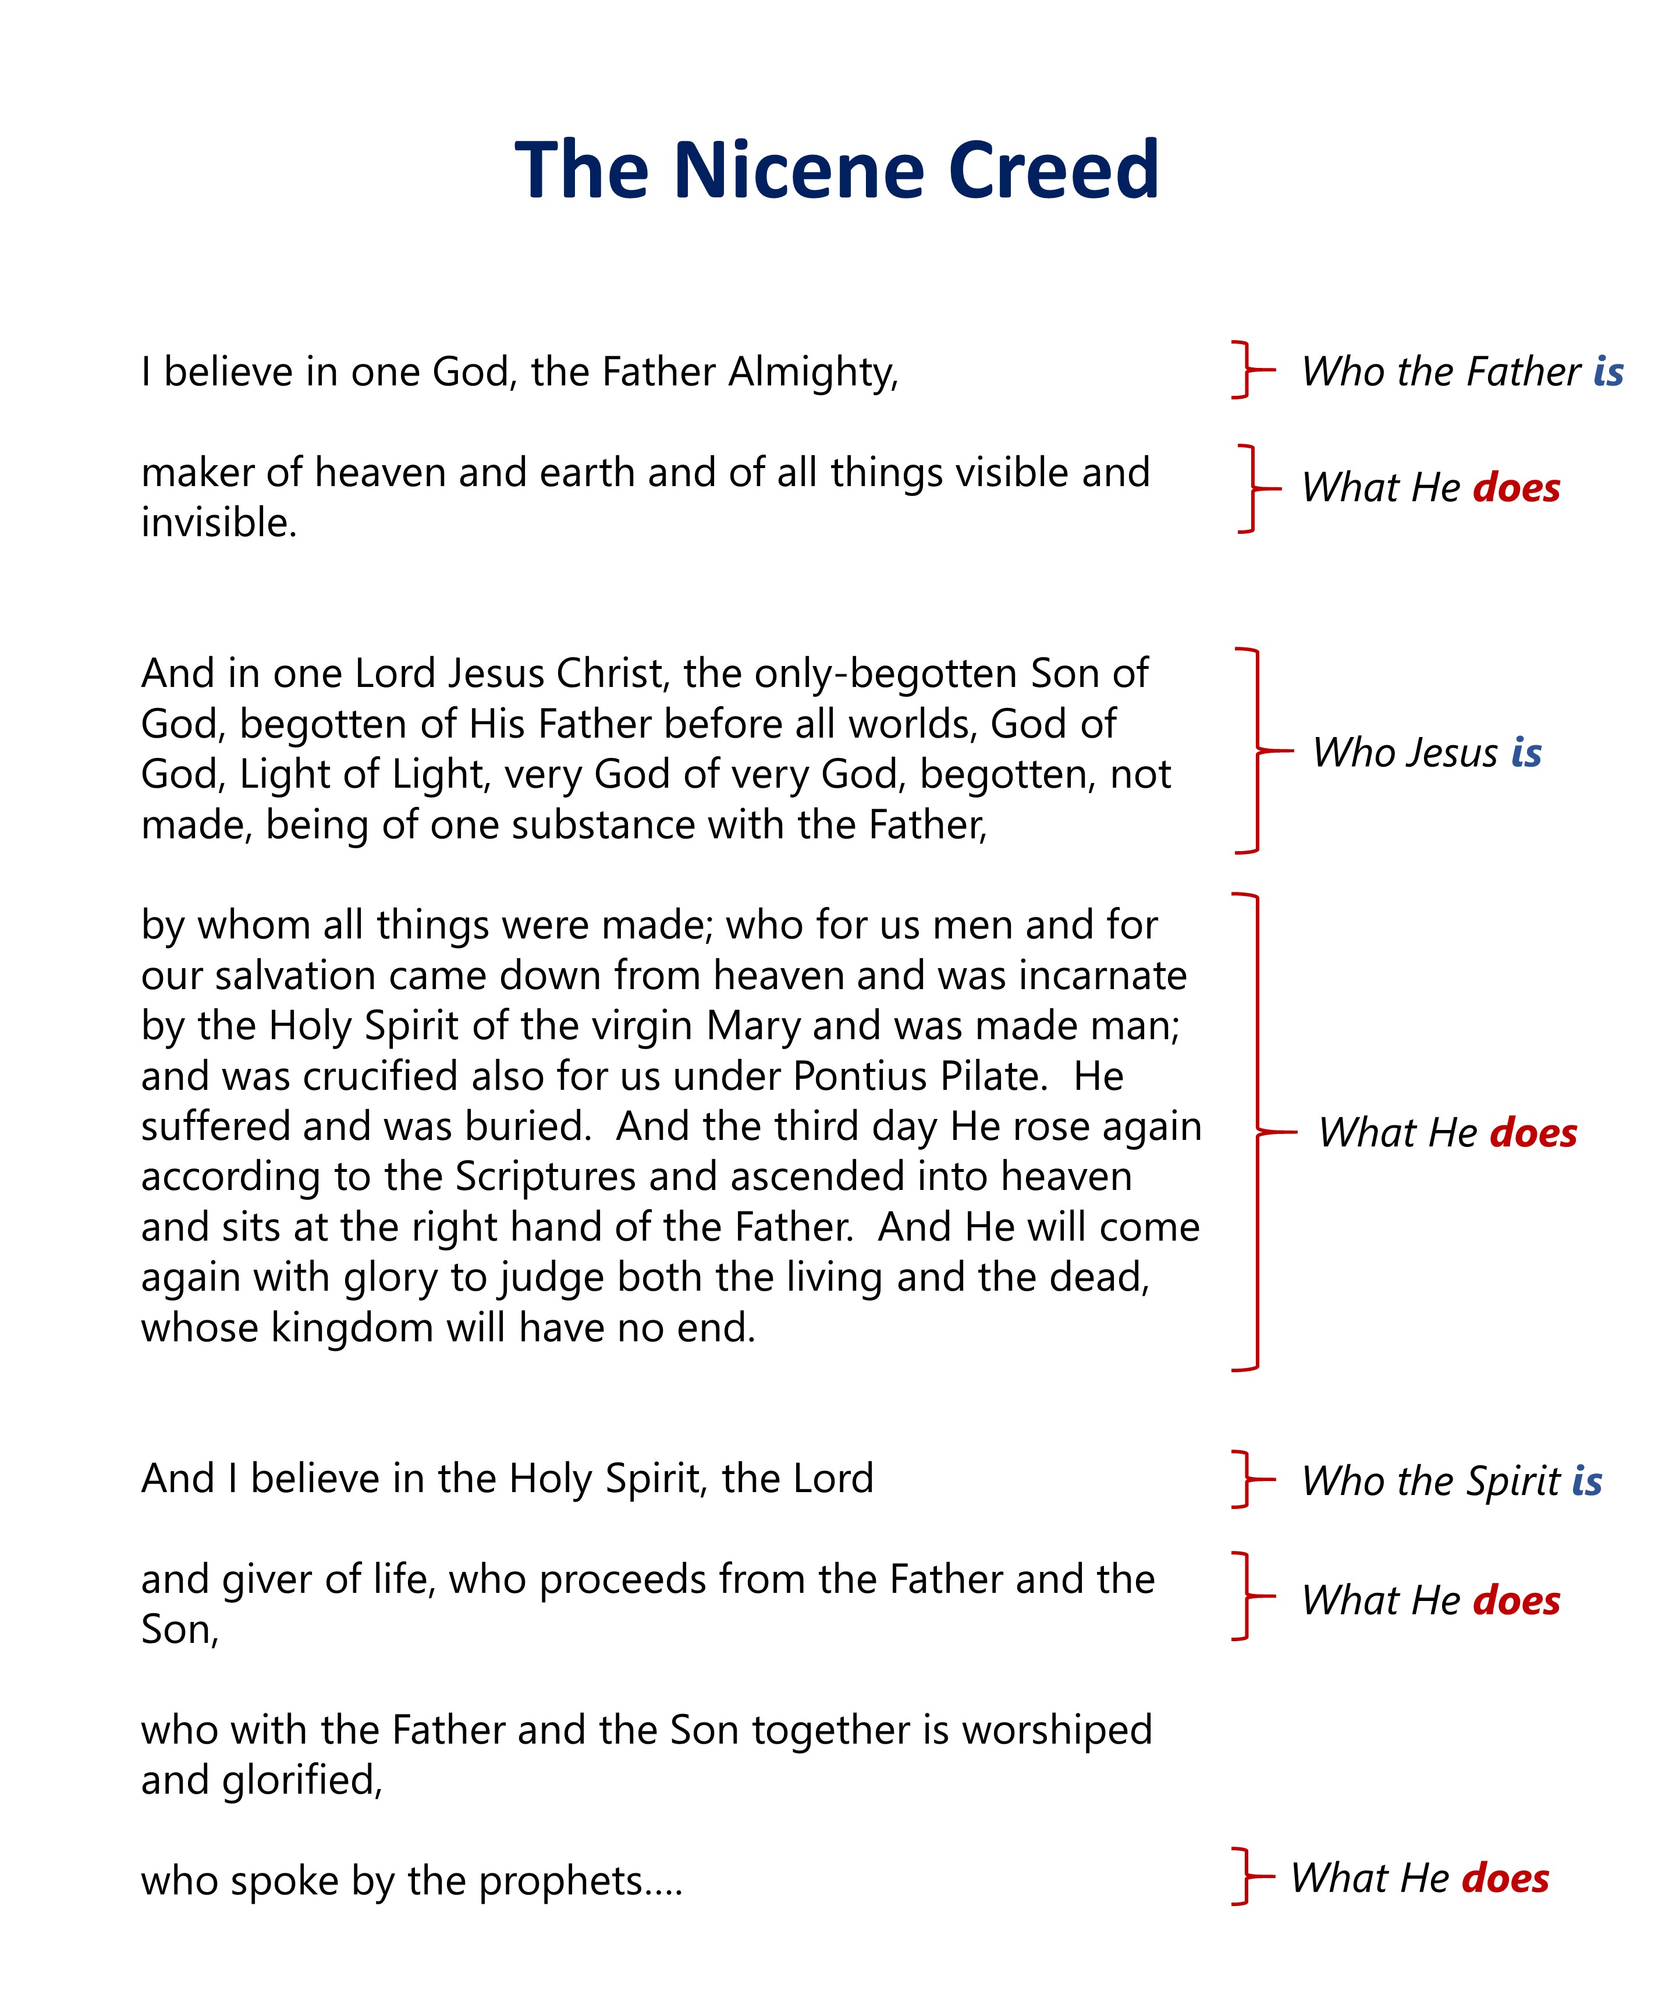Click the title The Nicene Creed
pyautogui.click(x=836, y=171)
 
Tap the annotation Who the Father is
pyautogui.click(x=1461, y=372)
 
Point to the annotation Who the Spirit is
pyautogui.click(x=1451, y=1480)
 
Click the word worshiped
pyautogui.click(x=1056, y=1730)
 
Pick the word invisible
pyautogui.click(x=218, y=523)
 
